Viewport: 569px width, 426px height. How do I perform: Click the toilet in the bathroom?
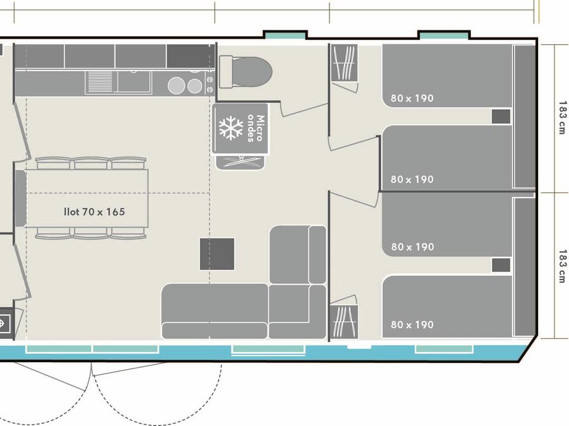pyautogui.click(x=245, y=72)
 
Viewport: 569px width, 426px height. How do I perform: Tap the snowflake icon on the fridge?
pyautogui.click(x=231, y=128)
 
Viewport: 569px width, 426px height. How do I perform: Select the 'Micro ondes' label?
pyautogui.click(x=256, y=128)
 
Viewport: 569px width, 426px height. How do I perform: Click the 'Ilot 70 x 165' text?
pyautogui.click(x=94, y=211)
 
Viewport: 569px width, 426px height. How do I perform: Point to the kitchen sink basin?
pyautogui.click(x=133, y=82)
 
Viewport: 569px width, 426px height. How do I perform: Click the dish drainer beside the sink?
pyautogui.click(x=101, y=82)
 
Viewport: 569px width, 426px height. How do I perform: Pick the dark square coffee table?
pyautogui.click(x=217, y=254)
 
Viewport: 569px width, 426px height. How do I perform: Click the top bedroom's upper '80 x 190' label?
pyautogui.click(x=412, y=98)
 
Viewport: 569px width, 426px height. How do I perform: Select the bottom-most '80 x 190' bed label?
pyautogui.click(x=412, y=324)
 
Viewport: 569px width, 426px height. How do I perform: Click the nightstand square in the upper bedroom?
pyautogui.click(x=501, y=116)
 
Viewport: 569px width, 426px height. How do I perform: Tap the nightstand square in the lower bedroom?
pyautogui.click(x=501, y=265)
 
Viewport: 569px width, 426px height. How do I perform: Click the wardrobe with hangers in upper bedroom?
pyautogui.click(x=344, y=63)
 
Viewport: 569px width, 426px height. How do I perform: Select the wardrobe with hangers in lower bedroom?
pyautogui.click(x=344, y=322)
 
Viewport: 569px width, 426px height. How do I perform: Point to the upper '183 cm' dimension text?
pyautogui.click(x=562, y=118)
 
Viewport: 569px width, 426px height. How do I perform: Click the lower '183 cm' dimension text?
pyautogui.click(x=562, y=266)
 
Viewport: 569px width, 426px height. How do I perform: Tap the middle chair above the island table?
pyautogui.click(x=91, y=163)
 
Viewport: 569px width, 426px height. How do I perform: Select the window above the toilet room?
pyautogui.click(x=285, y=35)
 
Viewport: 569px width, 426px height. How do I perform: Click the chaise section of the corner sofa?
pyautogui.click(x=298, y=255)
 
